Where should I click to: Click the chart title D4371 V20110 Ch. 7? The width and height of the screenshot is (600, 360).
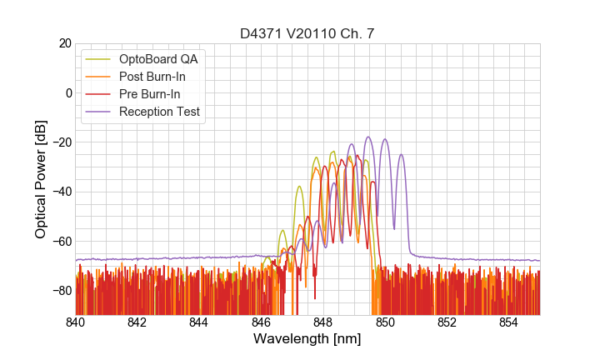click(x=307, y=32)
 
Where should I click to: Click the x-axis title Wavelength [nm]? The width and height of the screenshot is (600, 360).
click(x=307, y=339)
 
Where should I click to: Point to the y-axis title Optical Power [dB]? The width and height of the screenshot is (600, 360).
click(x=41, y=178)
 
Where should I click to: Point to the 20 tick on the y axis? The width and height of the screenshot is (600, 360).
click(x=64, y=43)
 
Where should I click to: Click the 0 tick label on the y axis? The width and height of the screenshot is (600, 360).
click(x=67, y=92)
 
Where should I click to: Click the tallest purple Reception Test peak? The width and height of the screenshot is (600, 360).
click(x=367, y=137)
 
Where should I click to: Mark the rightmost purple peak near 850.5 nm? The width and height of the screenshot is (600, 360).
click(x=401, y=154)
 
